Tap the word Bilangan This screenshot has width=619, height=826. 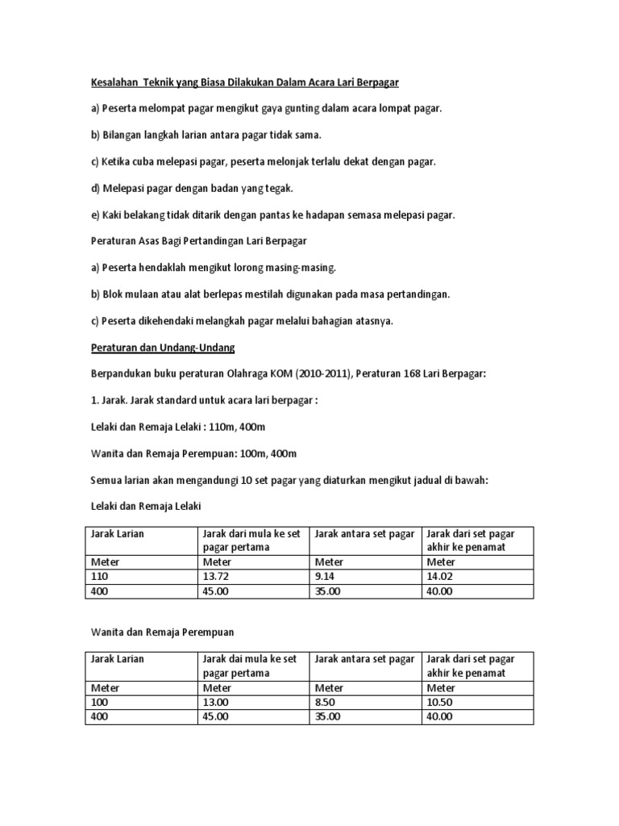tap(121, 135)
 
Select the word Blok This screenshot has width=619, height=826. tap(114, 294)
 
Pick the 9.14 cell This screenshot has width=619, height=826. tap(326, 577)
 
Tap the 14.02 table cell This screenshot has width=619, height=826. tap(440, 577)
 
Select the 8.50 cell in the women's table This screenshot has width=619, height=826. tap(327, 703)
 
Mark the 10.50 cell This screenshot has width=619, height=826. tap(440, 703)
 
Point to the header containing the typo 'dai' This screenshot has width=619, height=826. tap(251, 665)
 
